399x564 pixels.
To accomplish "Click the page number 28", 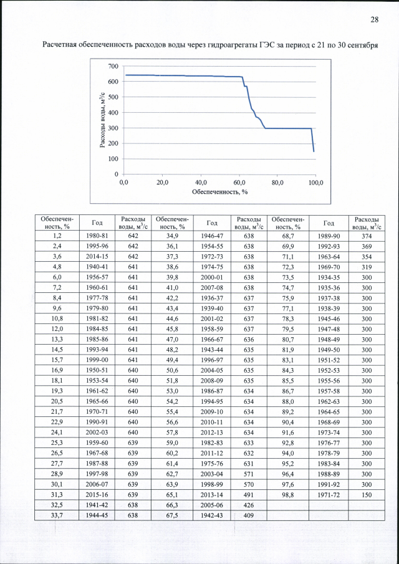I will click(375, 19).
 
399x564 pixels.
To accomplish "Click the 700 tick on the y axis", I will click(112, 66).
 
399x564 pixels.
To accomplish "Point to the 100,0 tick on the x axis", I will click(315, 183).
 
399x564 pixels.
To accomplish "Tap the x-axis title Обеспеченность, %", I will click(219, 192).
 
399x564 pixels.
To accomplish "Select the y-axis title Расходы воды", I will click(102, 120).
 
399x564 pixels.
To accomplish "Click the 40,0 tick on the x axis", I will click(200, 183).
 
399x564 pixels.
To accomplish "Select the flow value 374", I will click(367, 236).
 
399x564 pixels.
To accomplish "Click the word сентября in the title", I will click(360, 45).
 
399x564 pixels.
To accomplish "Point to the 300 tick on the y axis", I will click(112, 128).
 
